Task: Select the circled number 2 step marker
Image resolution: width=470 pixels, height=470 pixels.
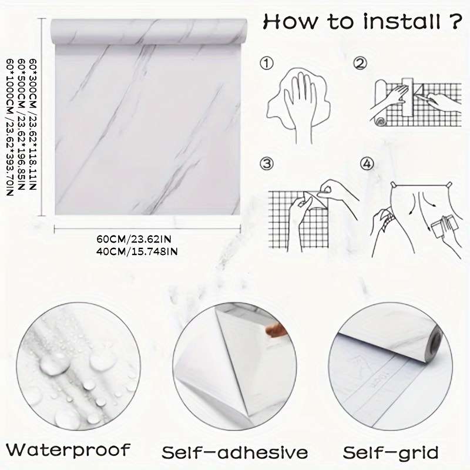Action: click(x=360, y=63)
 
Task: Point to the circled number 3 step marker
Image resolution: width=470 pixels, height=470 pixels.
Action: click(x=267, y=164)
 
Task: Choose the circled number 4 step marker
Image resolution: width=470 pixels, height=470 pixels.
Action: click(x=367, y=164)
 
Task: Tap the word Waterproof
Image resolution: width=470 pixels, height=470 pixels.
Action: click(x=68, y=451)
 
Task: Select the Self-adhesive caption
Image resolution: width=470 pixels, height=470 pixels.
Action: click(x=234, y=452)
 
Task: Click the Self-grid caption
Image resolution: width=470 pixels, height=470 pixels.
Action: click(x=391, y=452)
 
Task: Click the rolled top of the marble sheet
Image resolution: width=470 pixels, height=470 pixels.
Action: click(x=149, y=31)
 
